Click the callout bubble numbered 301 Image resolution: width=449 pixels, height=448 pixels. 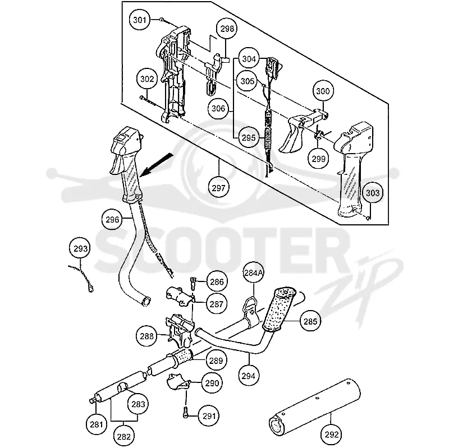click(140, 20)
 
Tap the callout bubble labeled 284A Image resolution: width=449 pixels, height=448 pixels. click(253, 273)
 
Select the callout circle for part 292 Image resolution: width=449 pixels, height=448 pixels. click(332, 435)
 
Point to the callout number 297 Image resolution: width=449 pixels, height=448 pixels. click(219, 188)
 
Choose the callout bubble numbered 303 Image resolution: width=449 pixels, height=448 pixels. click(373, 193)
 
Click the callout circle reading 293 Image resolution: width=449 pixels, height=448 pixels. click(80, 248)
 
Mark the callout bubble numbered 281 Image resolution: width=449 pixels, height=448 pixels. click(96, 424)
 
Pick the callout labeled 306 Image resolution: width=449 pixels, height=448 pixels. click(218, 108)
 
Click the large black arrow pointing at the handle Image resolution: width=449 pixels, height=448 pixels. click(157, 165)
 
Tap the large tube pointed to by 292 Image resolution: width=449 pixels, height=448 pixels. click(314, 404)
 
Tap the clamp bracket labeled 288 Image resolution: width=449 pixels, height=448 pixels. click(180, 330)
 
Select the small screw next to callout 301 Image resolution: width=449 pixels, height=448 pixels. click(162, 20)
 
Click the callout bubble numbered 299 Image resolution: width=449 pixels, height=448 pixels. click(318, 159)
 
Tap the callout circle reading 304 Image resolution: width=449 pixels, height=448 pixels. click(249, 59)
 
